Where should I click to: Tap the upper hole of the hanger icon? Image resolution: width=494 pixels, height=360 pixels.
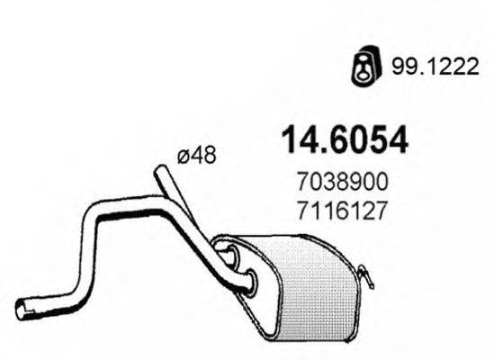(361, 58)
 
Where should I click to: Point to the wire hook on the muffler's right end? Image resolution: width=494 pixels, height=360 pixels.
(365, 274)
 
